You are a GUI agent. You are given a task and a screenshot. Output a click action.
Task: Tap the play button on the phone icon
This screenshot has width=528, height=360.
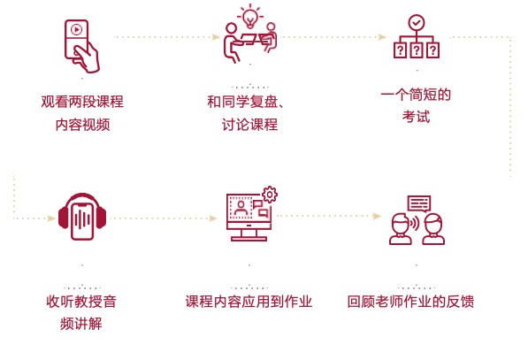tap(77, 30)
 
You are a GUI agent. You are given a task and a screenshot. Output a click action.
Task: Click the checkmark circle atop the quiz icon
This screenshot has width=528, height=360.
tap(417, 23)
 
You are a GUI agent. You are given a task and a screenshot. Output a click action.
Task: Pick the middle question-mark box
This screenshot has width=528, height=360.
tap(417, 50)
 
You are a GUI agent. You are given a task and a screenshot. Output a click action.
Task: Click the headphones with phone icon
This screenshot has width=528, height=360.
tap(82, 217)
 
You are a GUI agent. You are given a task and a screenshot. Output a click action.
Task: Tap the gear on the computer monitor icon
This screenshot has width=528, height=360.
tap(270, 195)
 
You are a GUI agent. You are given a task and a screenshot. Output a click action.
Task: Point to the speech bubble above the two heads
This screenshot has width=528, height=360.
tap(419, 203)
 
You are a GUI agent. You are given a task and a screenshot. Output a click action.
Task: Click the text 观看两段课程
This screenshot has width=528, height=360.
tap(82, 102)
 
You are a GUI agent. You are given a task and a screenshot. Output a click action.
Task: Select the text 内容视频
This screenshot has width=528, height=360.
tap(83, 125)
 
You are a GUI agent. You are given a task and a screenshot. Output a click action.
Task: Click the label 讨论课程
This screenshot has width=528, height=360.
tap(250, 125)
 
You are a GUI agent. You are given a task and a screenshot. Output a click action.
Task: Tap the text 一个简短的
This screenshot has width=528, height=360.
tap(416, 95)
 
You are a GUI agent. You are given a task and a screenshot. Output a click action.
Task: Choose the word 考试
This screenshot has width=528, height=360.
tap(417, 117)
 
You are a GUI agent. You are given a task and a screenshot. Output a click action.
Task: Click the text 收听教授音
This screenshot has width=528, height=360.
tap(81, 302)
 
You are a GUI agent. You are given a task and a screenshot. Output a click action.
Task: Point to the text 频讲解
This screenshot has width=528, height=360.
tap(81, 324)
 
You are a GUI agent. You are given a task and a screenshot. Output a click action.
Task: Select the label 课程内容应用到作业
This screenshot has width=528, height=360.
tap(249, 302)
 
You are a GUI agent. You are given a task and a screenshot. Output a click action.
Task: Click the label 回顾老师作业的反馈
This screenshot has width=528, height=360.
tap(411, 302)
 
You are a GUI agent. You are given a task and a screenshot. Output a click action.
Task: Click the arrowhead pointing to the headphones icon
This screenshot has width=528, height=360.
tap(51, 218)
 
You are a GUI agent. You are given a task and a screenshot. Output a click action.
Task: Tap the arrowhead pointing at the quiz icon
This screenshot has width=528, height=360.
tap(382, 37)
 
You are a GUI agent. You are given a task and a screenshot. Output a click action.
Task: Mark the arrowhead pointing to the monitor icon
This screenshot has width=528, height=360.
tap(213, 218)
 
